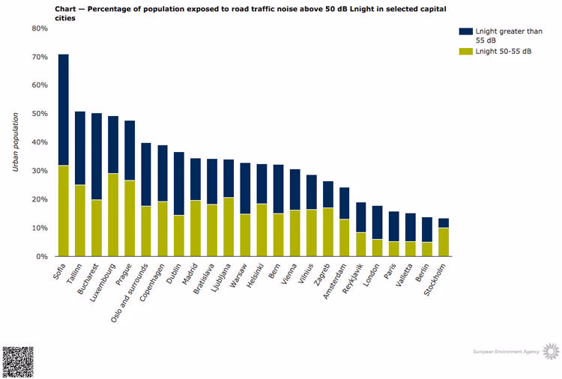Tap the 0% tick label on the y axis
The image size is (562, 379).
[x=42, y=256]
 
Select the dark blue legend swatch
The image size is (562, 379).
[x=465, y=31]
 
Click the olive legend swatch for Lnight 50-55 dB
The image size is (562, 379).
[x=465, y=51]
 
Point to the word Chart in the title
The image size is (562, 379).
[x=67, y=7]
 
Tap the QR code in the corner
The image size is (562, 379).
[x=18, y=362]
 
